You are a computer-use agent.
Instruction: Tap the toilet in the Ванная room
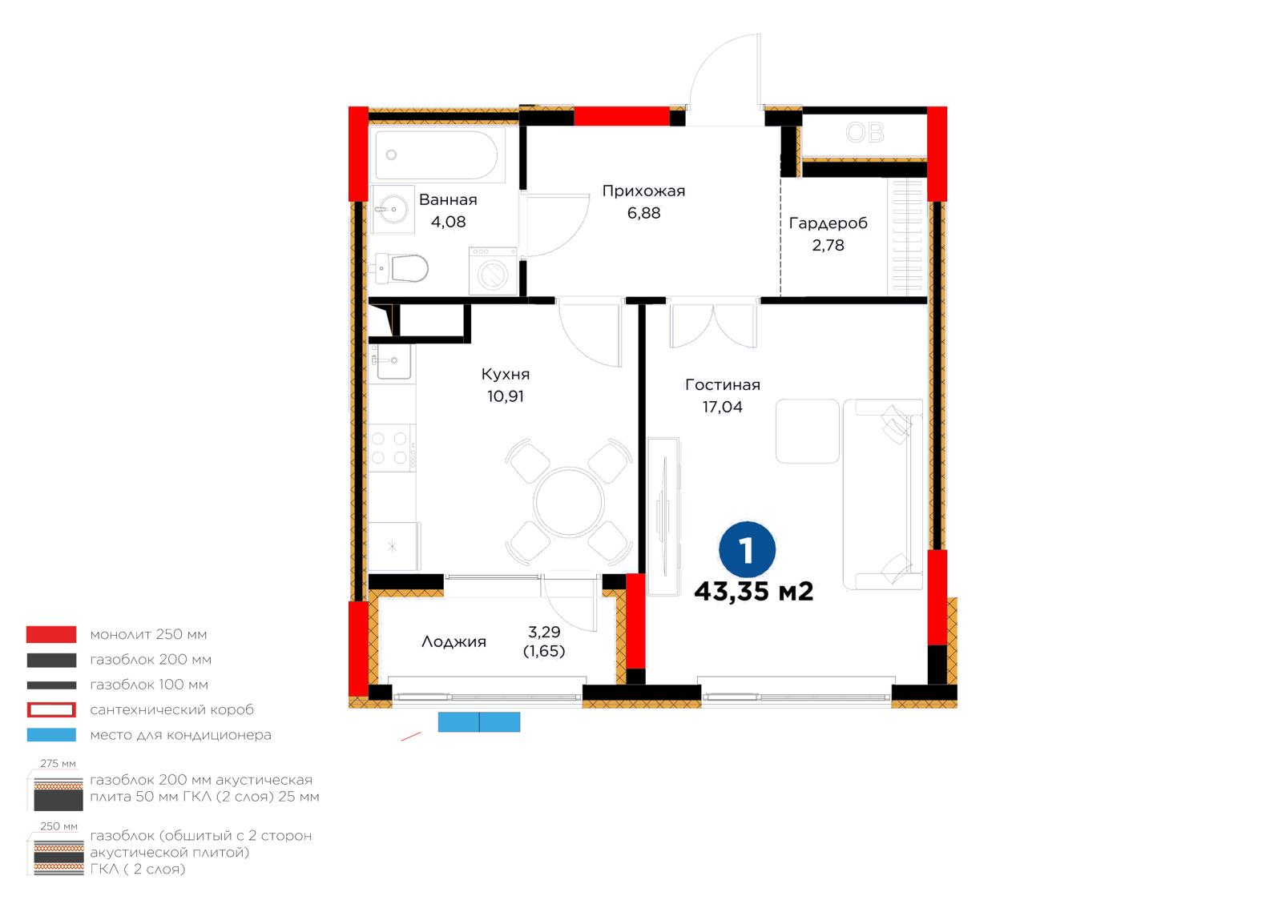point(402,269)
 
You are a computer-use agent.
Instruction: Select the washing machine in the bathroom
point(493,271)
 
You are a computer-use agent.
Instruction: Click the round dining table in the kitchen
point(569,502)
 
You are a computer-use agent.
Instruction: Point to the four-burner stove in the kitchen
point(392,448)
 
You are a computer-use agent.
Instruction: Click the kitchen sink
point(392,361)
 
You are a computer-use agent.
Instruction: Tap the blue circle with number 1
point(748,549)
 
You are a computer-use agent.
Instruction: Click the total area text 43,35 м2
point(754,592)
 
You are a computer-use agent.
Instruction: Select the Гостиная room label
point(722,385)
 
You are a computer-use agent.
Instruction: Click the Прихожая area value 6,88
point(644,213)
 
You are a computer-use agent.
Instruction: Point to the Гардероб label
point(828,223)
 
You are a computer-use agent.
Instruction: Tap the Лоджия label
point(454,642)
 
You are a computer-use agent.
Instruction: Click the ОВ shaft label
point(865,133)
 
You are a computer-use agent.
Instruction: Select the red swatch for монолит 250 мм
point(51,634)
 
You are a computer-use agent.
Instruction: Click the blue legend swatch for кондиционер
point(51,735)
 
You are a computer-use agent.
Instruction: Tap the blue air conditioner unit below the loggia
point(479,721)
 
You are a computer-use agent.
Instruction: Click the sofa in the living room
point(882,494)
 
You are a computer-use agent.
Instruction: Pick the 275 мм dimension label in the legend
point(58,763)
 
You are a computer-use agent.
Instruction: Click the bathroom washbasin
point(392,209)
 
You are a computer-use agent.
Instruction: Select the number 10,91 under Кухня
point(506,396)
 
